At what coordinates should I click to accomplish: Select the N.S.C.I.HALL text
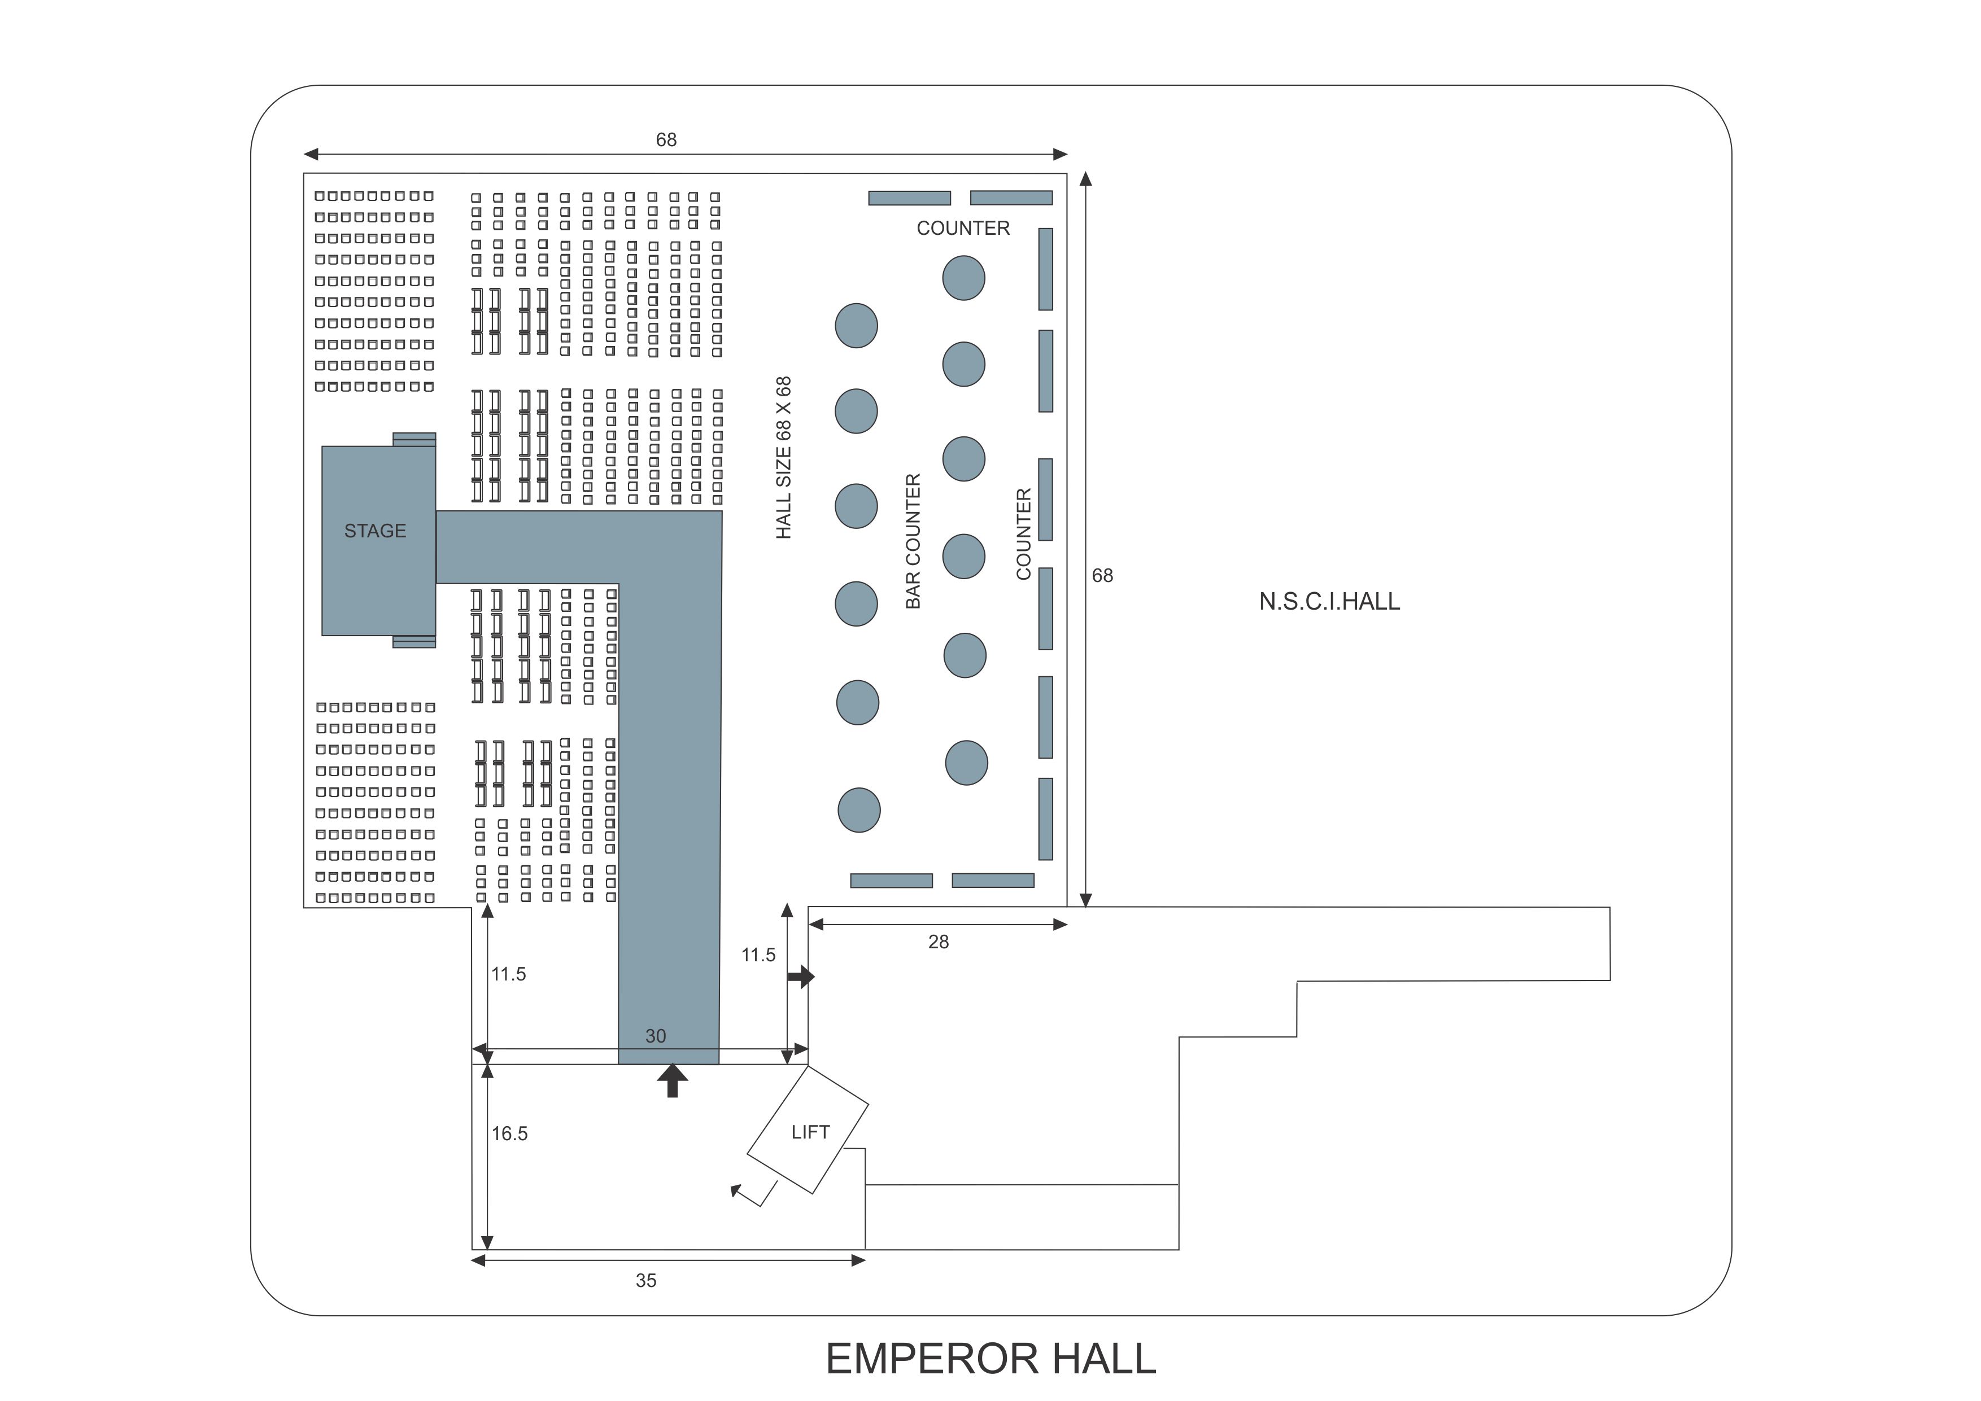point(1329,601)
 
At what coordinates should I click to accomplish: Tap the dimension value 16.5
point(509,1133)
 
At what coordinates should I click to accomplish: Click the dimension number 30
point(655,1036)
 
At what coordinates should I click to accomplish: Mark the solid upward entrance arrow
point(672,1080)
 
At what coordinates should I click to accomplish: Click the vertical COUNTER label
point(1023,534)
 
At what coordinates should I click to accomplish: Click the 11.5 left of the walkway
point(508,974)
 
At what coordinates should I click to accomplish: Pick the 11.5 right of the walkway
point(758,955)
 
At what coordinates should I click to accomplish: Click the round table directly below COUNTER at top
point(963,278)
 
